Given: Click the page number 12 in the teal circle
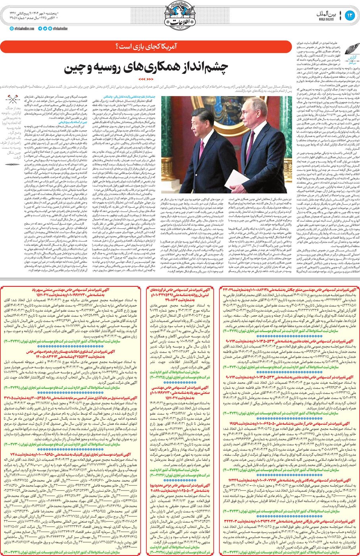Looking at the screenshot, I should [x=349, y=15].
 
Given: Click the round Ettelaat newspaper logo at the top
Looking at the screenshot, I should [x=180, y=16].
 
